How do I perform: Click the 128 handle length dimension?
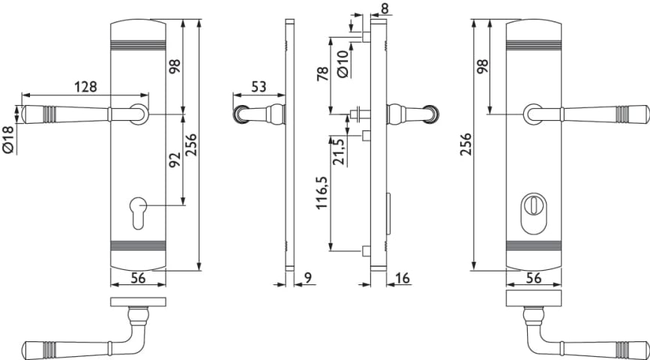click(x=85, y=87)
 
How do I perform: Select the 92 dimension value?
click(x=175, y=159)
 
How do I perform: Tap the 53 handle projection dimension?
click(x=259, y=87)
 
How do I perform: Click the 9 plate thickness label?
click(x=307, y=277)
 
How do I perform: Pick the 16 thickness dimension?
click(x=403, y=278)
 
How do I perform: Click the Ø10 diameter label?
click(x=343, y=64)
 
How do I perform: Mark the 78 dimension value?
click(x=323, y=73)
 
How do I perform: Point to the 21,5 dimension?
click(x=338, y=151)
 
